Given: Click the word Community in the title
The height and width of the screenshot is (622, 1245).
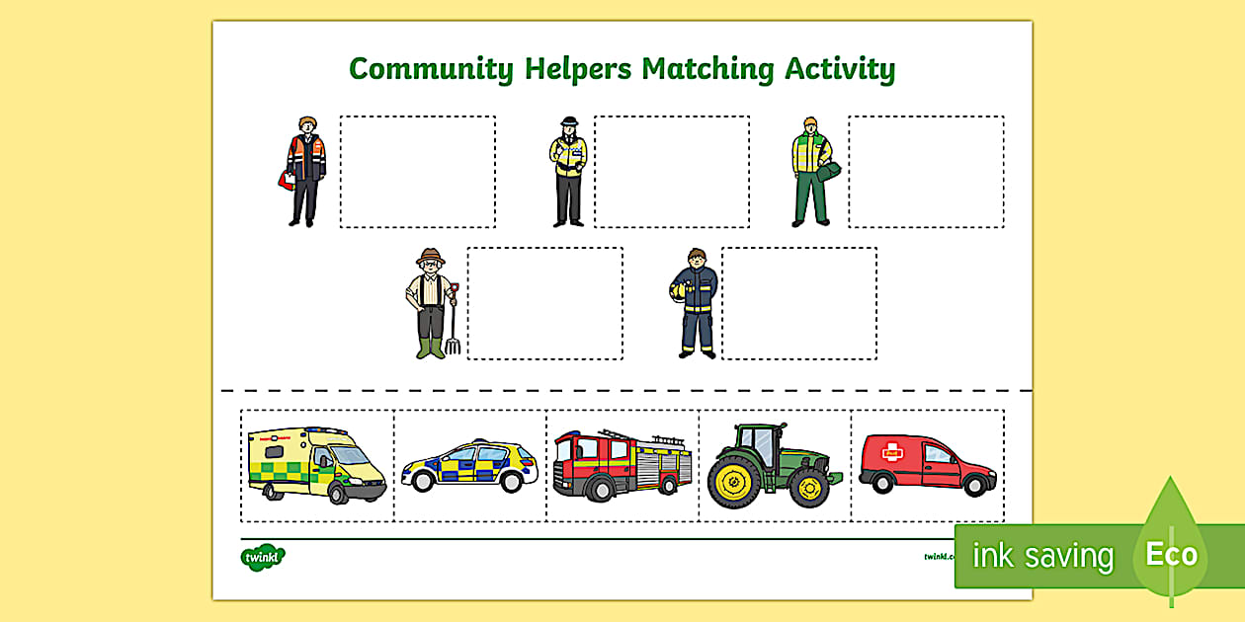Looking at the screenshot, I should click(431, 69).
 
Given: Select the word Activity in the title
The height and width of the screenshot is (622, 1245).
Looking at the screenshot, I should click(840, 69).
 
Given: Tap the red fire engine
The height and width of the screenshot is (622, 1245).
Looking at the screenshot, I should click(622, 462).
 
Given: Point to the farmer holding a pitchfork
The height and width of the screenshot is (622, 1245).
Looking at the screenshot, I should click(429, 303).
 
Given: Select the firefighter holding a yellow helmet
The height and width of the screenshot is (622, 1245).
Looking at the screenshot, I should click(697, 302).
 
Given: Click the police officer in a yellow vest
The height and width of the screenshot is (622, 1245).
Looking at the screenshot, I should click(568, 171).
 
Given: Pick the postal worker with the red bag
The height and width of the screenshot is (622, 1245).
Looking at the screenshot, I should click(305, 171).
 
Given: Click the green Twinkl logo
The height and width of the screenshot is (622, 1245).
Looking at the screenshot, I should click(263, 557).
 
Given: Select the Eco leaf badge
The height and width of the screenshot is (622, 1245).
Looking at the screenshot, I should click(1171, 553).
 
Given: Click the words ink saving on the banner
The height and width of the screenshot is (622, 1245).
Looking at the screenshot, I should click(1041, 556).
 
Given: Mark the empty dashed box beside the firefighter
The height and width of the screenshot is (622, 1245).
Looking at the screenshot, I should click(798, 303).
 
